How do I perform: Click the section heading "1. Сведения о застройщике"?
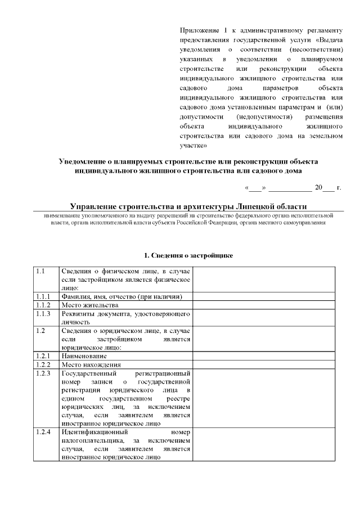pos(188,255)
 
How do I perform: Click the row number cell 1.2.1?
pos(46,356)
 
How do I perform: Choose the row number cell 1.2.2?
pos(46,364)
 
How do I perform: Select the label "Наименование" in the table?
pos(84,356)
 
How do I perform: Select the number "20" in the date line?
pos(319,187)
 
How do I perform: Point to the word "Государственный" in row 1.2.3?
pos(89,373)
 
